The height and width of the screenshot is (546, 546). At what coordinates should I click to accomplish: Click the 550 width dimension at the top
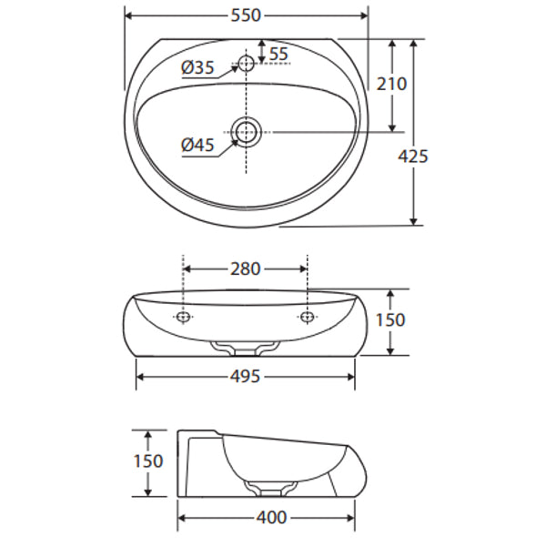pos(246,15)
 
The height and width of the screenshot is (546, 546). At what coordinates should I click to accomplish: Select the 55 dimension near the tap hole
pos(278,54)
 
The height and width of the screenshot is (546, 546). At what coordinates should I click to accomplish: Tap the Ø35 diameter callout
pos(197,67)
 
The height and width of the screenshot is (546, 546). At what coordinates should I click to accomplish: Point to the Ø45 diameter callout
pos(197,145)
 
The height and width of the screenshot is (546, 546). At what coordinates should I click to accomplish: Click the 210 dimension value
pos(392,84)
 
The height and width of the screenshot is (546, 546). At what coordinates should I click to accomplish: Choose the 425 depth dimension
pos(413,156)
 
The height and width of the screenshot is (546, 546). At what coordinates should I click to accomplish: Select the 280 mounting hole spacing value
pos(246,268)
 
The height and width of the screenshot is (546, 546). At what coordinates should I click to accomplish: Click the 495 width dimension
pos(246,376)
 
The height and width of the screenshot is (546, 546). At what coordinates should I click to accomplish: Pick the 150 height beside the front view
pos(389,320)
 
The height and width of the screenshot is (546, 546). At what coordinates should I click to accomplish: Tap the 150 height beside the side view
pos(147,461)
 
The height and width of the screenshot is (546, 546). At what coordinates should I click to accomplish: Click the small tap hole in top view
pos(246,65)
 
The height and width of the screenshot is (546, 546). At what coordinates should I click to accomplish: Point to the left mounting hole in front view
pos(184,317)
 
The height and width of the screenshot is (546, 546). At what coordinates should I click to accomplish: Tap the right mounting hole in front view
pos(308,317)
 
